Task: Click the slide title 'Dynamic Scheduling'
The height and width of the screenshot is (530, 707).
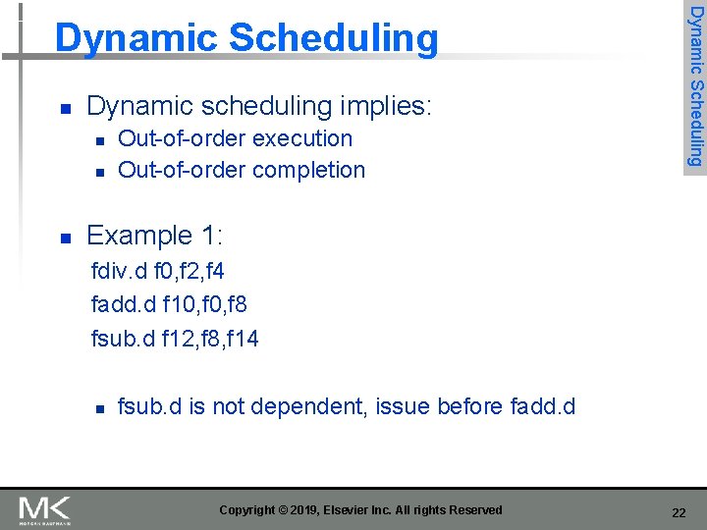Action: (246, 38)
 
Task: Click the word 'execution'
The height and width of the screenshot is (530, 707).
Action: (301, 138)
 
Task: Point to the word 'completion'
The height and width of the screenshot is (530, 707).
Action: (308, 170)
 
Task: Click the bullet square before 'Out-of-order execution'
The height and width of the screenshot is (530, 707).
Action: (98, 140)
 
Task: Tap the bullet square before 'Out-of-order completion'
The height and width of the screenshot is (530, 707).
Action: (98, 172)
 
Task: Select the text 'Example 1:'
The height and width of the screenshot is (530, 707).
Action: (155, 236)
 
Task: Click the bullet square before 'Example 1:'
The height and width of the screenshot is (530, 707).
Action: (65, 238)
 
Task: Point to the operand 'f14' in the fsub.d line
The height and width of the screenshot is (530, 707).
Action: (241, 339)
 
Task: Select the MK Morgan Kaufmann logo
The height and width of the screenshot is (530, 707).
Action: (45, 509)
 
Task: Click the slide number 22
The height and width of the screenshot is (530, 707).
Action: (678, 512)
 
